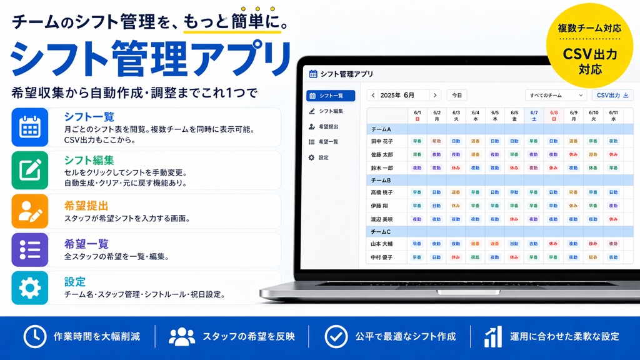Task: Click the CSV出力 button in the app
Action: pos(612,95)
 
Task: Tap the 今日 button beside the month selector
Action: pos(457,95)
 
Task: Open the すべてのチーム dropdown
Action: pos(556,95)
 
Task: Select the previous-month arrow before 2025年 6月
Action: pos(373,95)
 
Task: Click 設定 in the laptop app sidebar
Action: pos(323,157)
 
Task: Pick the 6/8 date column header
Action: pos(554,115)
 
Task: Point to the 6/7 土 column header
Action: pos(534,115)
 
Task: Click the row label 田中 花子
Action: pos(382,141)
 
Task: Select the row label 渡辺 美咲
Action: pos(382,219)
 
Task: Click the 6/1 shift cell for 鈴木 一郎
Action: pos(417,167)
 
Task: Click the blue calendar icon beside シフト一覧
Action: pos(30,127)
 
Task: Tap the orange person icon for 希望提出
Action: pos(30,211)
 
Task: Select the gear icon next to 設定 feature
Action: pos(30,288)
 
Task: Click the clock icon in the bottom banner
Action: pos(34,336)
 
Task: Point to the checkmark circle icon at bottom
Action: pos(336,336)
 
